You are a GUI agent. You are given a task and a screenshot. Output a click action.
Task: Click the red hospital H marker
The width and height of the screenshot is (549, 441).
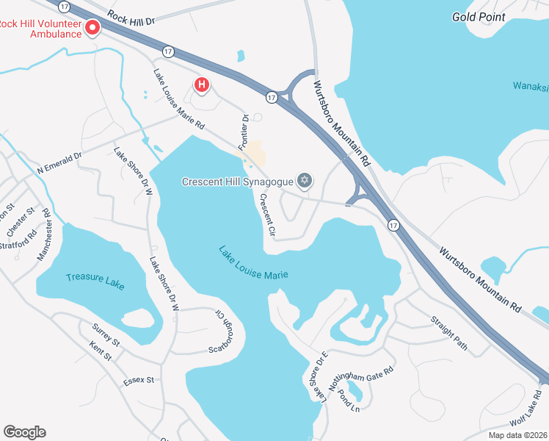click(201, 86)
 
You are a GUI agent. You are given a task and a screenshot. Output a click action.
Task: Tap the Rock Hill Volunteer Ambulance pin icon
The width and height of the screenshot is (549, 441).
click(92, 29)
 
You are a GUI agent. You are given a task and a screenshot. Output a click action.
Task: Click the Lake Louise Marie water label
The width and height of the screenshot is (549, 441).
click(253, 262)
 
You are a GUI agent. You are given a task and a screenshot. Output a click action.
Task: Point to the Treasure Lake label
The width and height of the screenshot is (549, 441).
click(95, 282)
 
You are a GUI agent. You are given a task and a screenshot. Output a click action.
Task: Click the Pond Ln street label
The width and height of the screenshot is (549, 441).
click(347, 402)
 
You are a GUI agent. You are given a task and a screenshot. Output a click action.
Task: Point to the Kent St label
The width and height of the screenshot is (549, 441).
click(101, 351)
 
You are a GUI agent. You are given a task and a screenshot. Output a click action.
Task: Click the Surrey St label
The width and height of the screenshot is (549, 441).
click(106, 334)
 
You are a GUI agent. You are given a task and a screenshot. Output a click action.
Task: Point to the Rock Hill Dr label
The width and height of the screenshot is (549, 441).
click(131, 17)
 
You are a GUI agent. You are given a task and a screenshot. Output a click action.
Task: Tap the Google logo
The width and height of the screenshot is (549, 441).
click(24, 432)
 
